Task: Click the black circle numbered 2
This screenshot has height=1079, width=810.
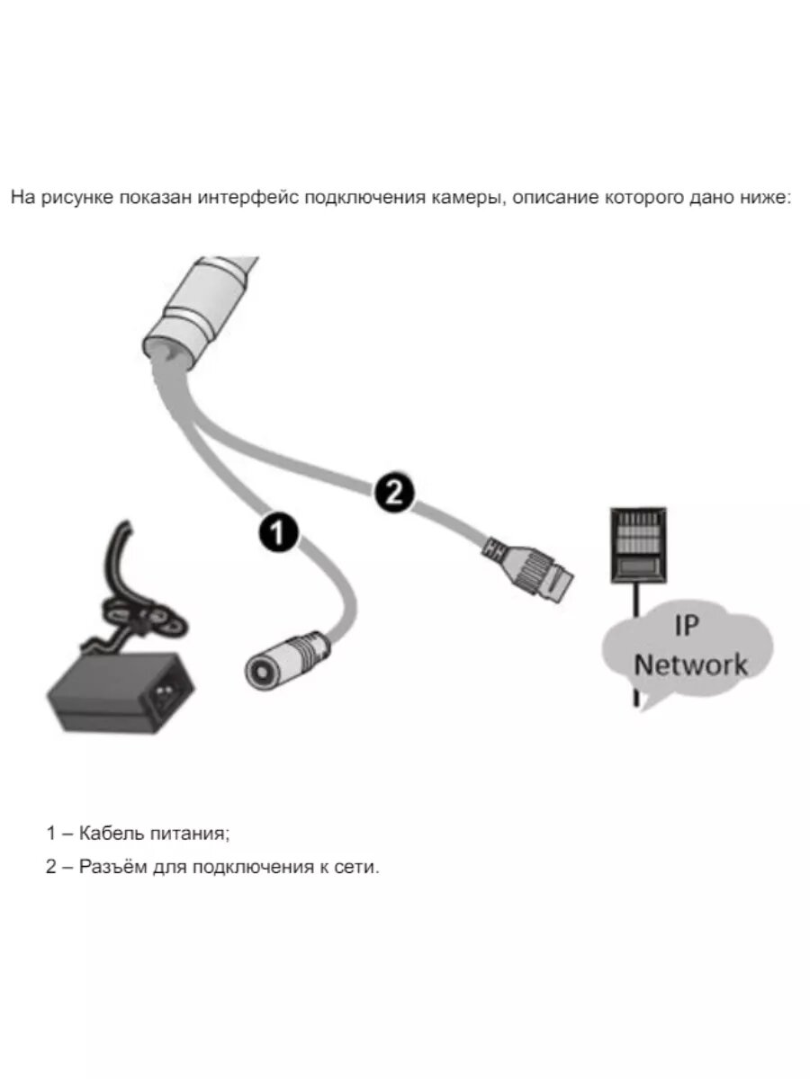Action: (392, 491)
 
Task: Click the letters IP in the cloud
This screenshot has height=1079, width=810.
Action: (686, 625)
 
